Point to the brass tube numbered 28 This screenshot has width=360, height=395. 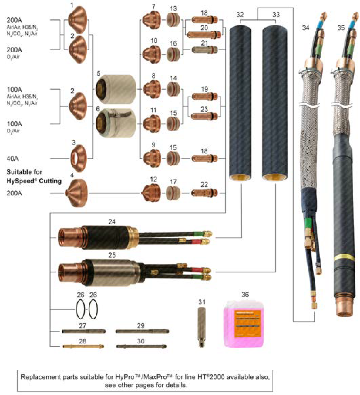[83, 346]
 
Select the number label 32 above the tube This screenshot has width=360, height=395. [240, 15]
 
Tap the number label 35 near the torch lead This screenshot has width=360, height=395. [341, 27]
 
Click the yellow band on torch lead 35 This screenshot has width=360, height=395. [344, 258]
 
